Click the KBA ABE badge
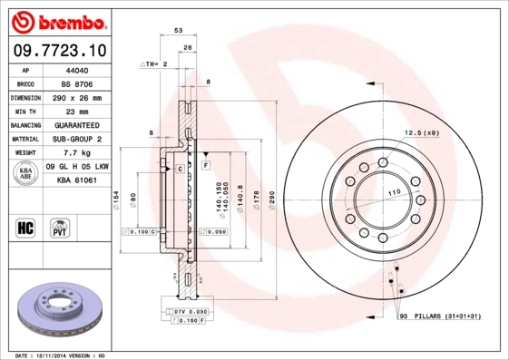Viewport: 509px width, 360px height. click(x=25, y=175)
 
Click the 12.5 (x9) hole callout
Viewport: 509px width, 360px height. click(x=421, y=133)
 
